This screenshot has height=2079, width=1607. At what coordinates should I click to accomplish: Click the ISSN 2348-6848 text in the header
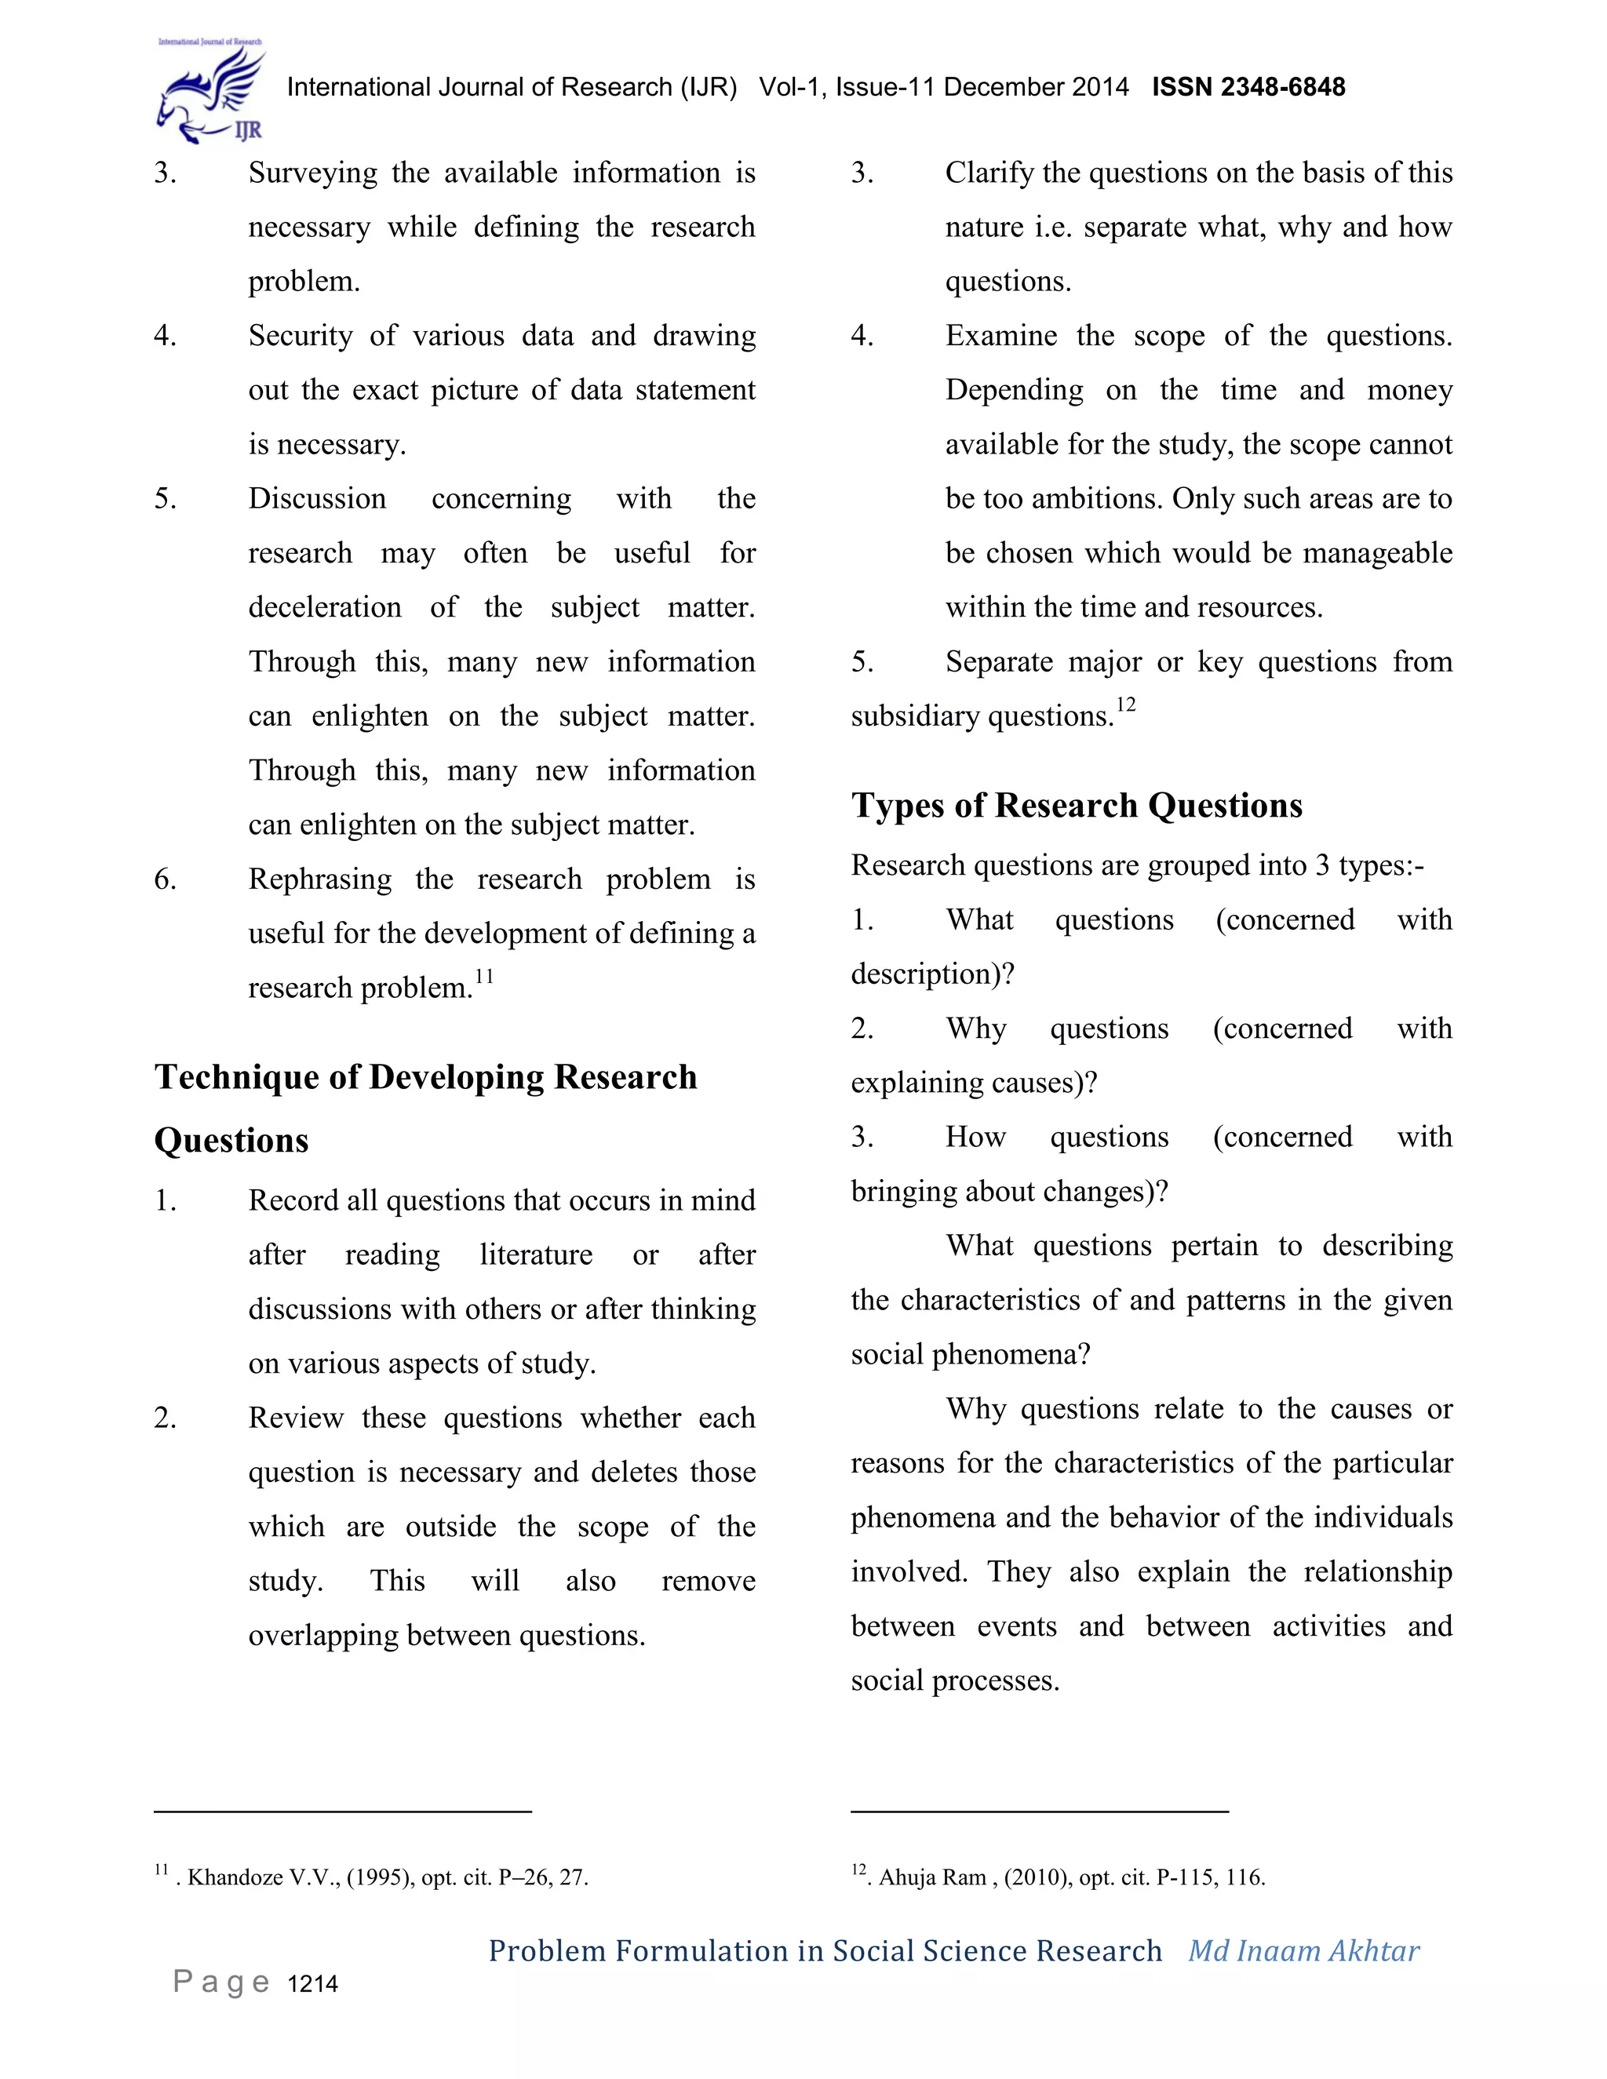click(1248, 88)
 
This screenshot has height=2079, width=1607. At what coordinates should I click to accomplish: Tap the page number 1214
click(312, 1984)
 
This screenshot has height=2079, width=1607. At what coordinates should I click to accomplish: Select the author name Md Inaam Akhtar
click(1303, 1950)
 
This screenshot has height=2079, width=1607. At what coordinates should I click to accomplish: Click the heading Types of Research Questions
click(1076, 806)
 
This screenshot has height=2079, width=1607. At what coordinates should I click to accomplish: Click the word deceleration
click(325, 607)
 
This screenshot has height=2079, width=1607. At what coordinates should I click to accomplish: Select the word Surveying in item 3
click(313, 173)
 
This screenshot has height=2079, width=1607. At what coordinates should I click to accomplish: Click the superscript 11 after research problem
click(485, 977)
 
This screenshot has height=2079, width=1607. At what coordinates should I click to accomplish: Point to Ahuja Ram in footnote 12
click(932, 1877)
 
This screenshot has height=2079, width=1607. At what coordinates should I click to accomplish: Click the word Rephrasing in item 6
click(320, 879)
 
